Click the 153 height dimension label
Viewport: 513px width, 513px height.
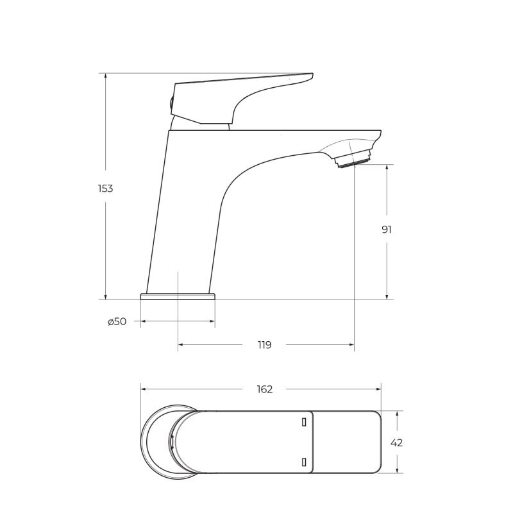105,189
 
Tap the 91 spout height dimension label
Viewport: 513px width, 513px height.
387,230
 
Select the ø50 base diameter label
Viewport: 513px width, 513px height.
117,322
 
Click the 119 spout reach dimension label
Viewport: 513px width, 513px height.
264,345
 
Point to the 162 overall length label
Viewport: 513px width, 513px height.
264,389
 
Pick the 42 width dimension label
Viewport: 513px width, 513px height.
396,443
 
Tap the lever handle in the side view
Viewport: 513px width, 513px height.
242,98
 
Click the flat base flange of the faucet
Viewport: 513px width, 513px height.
178,296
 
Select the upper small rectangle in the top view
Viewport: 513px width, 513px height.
304,423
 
